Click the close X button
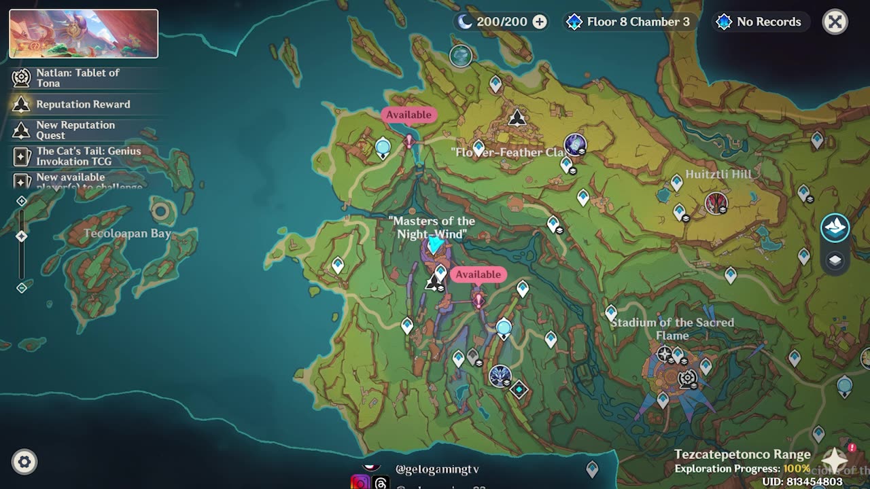(835, 22)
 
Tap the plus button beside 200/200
(540, 22)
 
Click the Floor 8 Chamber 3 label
(638, 22)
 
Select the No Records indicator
(768, 22)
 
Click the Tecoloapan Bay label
(127, 234)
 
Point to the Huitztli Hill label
(718, 175)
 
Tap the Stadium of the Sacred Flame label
(672, 329)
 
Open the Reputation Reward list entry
(83, 104)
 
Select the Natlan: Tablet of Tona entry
(77, 77)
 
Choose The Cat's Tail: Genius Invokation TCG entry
(88, 156)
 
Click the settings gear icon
(24, 463)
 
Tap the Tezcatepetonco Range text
(742, 454)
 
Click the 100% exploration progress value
(796, 469)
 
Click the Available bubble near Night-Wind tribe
(478, 274)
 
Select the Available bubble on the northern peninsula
(408, 115)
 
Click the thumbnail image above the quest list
(84, 33)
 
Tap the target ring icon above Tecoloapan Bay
(161, 212)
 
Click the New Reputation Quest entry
(75, 130)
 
